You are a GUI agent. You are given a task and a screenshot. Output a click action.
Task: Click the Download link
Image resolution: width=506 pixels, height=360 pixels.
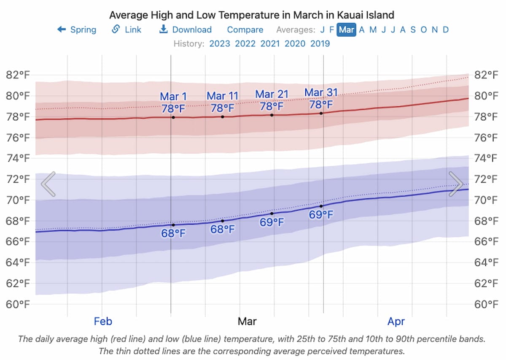(186, 30)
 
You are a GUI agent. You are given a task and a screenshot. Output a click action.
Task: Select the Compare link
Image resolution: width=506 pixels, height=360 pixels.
(245, 30)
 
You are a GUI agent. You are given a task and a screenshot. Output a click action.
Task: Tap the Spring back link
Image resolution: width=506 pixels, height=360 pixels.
(77, 30)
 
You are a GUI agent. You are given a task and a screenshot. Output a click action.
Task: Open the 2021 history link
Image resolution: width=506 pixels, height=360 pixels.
(270, 43)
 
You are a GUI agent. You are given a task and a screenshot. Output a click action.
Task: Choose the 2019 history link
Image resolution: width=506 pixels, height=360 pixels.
(320, 43)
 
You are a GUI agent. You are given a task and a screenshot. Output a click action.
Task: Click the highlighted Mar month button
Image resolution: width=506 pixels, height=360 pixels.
(347, 30)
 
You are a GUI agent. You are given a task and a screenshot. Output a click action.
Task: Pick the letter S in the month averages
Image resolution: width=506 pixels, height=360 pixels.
(413, 30)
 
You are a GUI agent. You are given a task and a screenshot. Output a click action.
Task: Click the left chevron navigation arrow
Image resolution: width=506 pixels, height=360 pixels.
(48, 184)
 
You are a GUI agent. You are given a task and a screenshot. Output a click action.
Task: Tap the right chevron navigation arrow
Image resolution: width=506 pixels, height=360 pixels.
(456, 184)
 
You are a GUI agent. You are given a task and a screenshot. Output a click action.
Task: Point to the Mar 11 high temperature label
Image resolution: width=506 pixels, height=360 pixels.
(223, 102)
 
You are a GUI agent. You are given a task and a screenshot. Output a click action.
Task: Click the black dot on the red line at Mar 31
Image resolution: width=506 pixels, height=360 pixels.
(321, 113)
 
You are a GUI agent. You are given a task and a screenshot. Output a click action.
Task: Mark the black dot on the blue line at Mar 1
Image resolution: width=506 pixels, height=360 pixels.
(173, 225)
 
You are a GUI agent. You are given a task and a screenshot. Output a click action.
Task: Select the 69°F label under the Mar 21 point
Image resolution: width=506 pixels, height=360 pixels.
(272, 222)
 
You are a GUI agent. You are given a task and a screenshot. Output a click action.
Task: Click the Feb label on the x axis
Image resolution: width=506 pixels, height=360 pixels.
(103, 322)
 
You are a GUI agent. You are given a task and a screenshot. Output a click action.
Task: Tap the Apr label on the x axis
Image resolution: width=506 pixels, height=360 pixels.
(396, 322)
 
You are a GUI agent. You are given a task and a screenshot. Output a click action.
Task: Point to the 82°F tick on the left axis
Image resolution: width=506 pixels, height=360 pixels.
(18, 75)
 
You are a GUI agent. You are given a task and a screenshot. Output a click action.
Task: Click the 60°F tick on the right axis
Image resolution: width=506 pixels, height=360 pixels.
(487, 304)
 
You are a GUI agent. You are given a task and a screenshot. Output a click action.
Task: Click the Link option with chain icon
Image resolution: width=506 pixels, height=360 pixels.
(126, 30)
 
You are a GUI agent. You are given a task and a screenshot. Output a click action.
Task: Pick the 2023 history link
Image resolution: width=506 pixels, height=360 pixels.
(220, 43)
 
